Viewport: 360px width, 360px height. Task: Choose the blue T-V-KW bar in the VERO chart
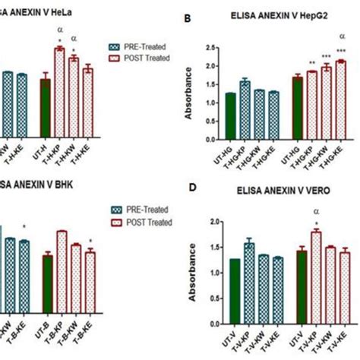(264, 288)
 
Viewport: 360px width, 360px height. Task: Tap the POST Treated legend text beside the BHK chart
(148, 222)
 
